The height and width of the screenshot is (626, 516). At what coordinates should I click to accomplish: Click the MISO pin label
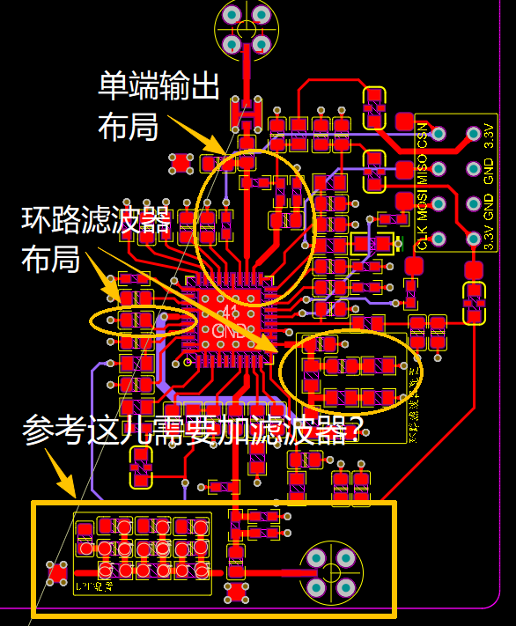(x=423, y=168)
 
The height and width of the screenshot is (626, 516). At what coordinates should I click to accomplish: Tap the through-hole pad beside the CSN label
(x=439, y=135)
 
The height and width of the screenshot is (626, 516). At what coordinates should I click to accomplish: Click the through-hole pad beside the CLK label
(x=439, y=239)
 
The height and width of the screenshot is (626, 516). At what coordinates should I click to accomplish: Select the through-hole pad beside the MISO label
(x=439, y=169)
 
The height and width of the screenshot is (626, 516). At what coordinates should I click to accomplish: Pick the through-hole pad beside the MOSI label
(x=439, y=204)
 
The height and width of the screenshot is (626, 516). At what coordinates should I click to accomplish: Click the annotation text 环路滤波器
(x=96, y=218)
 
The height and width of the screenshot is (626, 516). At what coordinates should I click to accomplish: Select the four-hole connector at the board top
(x=246, y=28)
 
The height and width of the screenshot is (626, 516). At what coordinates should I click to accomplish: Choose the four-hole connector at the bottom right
(x=330, y=571)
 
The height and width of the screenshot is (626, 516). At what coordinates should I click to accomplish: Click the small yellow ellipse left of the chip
(x=143, y=320)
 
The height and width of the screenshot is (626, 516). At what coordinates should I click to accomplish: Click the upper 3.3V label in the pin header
(x=490, y=136)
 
